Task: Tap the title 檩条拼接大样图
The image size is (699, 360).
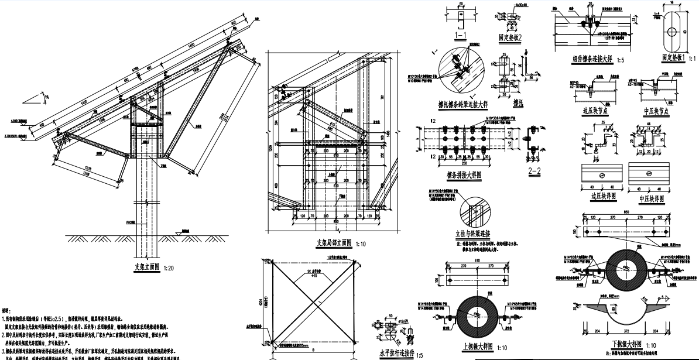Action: pos(462,173)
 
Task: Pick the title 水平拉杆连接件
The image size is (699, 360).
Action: pos(396,353)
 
